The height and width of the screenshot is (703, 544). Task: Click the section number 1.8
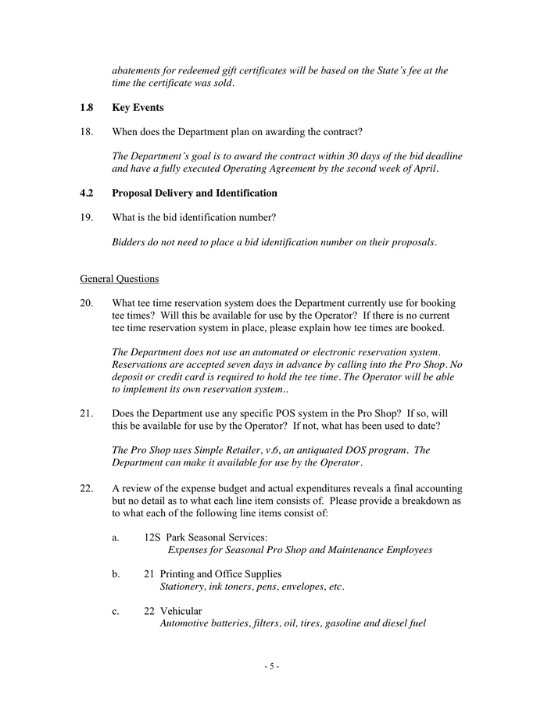point(87,108)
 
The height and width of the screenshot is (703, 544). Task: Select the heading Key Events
point(138,108)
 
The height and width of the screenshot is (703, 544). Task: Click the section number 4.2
point(87,193)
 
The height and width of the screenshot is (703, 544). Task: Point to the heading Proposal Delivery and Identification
point(195,193)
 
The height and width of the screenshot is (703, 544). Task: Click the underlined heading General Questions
point(120,278)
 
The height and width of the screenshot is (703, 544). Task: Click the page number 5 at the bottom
point(271,666)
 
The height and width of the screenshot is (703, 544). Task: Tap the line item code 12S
point(152,537)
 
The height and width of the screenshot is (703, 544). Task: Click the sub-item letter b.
point(116,574)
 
